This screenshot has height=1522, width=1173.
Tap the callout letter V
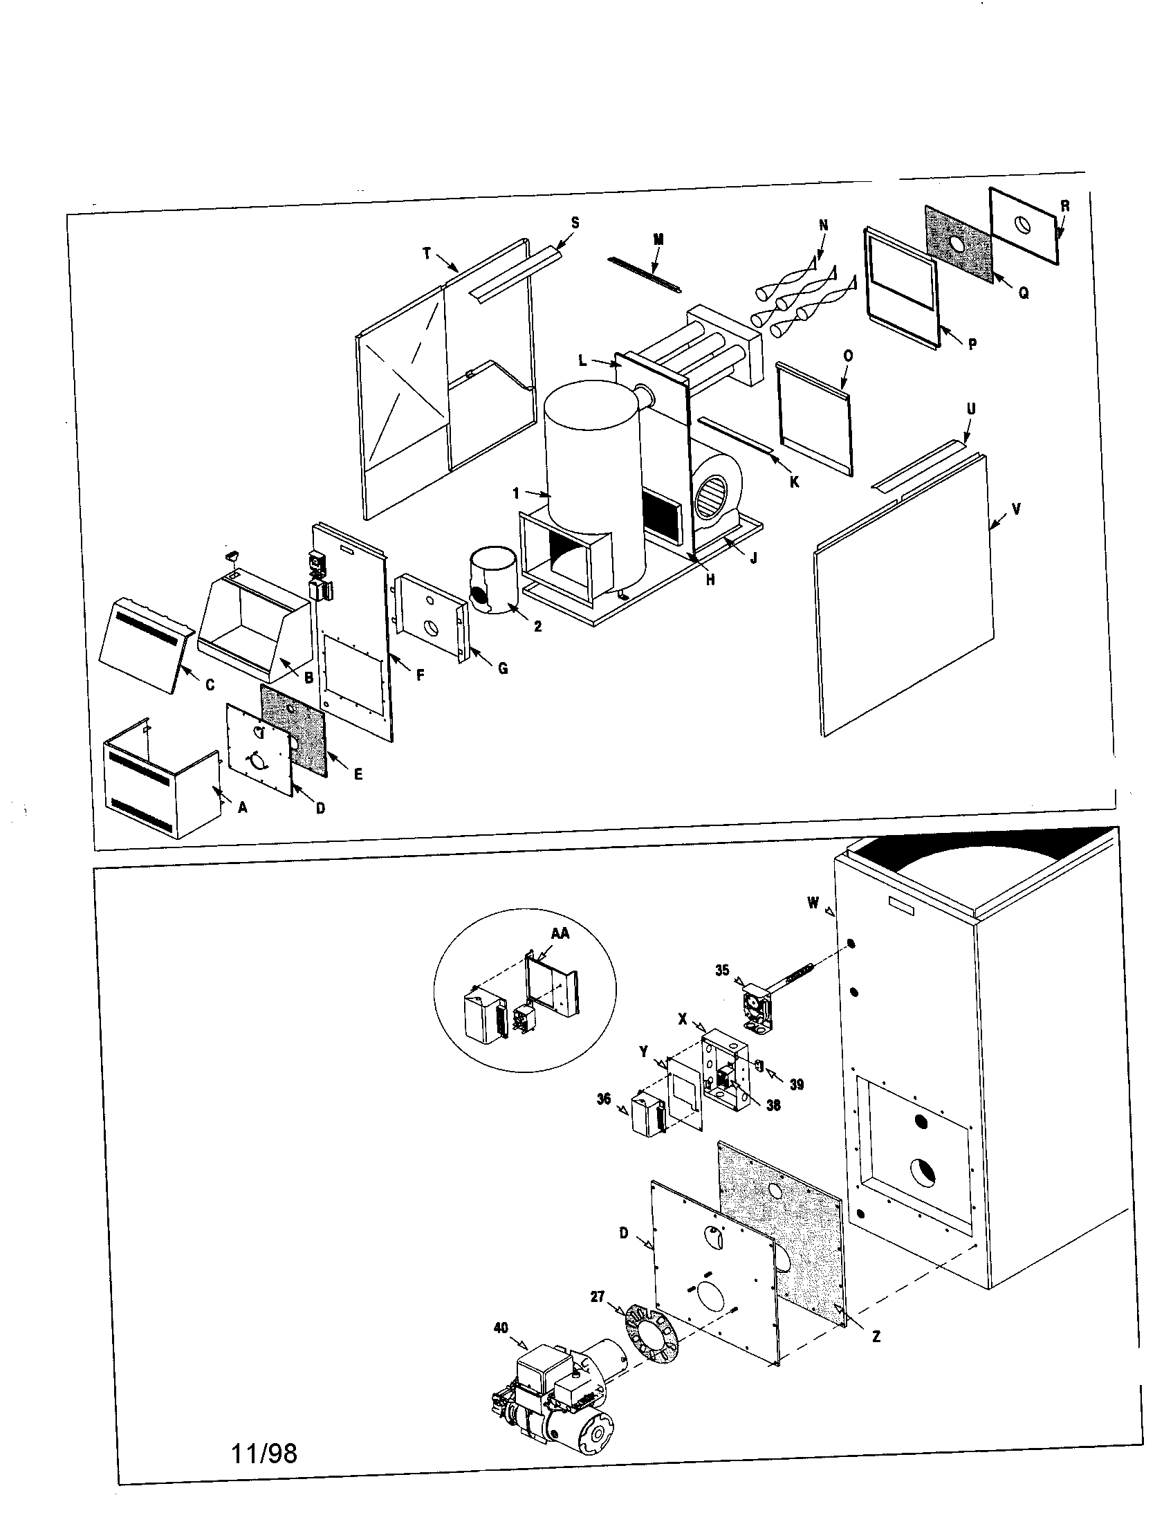[x=1016, y=509]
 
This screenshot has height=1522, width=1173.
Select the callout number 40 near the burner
[x=501, y=1328]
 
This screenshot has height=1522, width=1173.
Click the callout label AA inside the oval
[x=560, y=933]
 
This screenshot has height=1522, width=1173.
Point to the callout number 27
[x=598, y=1296]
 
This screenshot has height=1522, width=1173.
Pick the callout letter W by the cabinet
[x=813, y=902]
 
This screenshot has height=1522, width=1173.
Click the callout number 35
[x=722, y=969]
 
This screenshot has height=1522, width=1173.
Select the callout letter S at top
[x=575, y=222]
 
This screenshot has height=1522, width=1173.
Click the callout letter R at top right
[x=1065, y=206]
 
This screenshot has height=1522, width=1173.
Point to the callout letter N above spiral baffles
[x=824, y=225]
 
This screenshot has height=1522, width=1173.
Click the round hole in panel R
[x=1021, y=225]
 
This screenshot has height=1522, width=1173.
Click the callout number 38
[x=773, y=1105]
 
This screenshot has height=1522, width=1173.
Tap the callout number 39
[x=797, y=1084]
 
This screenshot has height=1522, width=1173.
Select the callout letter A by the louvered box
[x=242, y=807]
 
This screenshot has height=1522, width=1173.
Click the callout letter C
[x=210, y=685]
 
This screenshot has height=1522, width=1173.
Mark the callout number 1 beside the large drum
[x=516, y=493]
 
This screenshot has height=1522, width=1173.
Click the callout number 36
[x=604, y=1099]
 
